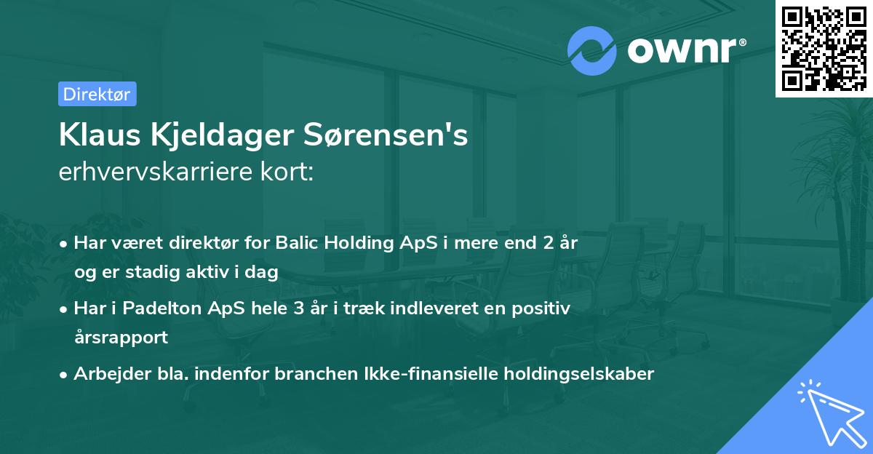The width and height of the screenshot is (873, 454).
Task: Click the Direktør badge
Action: [97, 94]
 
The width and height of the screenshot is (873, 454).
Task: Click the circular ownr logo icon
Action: [592, 51]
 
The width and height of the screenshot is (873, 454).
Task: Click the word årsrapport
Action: [121, 337]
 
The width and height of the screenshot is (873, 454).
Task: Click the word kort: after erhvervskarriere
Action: [291, 172]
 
